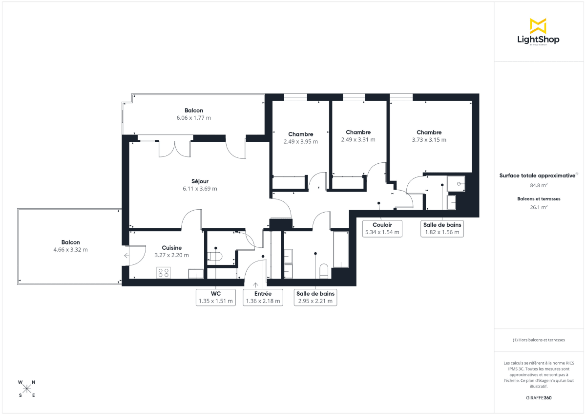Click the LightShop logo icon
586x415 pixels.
538,26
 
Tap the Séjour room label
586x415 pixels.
200,181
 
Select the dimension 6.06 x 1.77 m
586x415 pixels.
194,118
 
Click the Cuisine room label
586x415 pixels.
171,248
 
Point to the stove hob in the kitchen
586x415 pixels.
163,273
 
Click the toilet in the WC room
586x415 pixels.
215,256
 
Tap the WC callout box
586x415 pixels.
215,297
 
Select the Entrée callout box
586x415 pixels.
263,297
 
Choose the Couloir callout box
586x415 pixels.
382,228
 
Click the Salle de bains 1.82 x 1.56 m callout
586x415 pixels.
442,228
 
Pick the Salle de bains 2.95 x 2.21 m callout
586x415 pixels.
315,297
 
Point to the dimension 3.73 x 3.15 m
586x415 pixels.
429,140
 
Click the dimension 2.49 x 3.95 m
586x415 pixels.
300,142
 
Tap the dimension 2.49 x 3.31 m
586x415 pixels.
358,140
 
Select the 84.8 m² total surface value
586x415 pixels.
538,185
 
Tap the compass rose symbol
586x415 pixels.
27,389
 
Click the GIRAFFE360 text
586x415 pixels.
538,398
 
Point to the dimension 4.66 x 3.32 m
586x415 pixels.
70,250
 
